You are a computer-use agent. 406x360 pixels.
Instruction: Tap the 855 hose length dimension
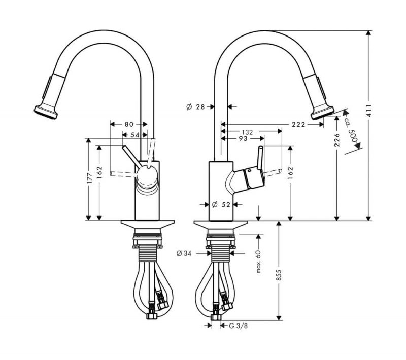click(x=279, y=275)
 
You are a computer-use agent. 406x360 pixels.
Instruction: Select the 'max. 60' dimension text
click(x=258, y=262)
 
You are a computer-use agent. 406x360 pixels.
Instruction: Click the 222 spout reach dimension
click(x=298, y=125)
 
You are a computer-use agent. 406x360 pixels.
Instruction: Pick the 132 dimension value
click(x=247, y=132)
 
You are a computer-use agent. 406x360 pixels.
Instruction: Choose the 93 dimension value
click(x=243, y=139)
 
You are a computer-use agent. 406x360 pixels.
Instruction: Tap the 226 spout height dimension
click(x=336, y=140)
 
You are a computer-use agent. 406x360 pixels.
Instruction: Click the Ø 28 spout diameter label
click(x=196, y=106)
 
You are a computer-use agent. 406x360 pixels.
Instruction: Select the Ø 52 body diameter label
click(x=221, y=205)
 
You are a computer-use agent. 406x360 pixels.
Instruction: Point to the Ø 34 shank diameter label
click(x=184, y=254)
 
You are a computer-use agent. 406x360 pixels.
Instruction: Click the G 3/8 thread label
click(x=238, y=326)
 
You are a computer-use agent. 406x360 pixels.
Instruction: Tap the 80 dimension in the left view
click(x=129, y=124)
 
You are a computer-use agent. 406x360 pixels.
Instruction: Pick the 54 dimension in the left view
click(x=134, y=135)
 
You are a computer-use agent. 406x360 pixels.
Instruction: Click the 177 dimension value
click(x=89, y=178)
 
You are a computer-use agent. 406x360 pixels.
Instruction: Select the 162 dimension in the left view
click(x=99, y=172)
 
